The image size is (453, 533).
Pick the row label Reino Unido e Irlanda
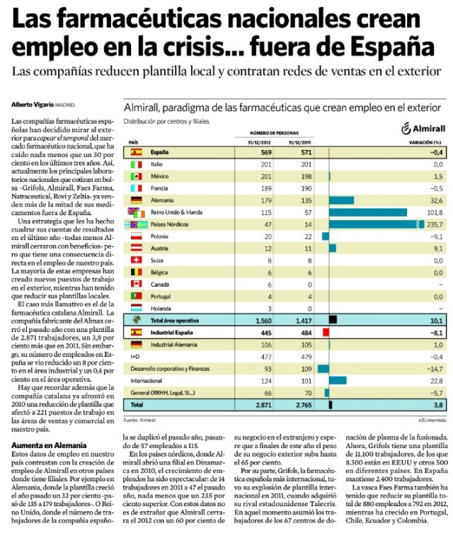point(174,212)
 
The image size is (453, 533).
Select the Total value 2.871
point(263,404)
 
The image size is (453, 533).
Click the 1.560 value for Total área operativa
point(263,320)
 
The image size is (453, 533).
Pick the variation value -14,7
point(435,368)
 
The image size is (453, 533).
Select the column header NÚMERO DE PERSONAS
point(276,132)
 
